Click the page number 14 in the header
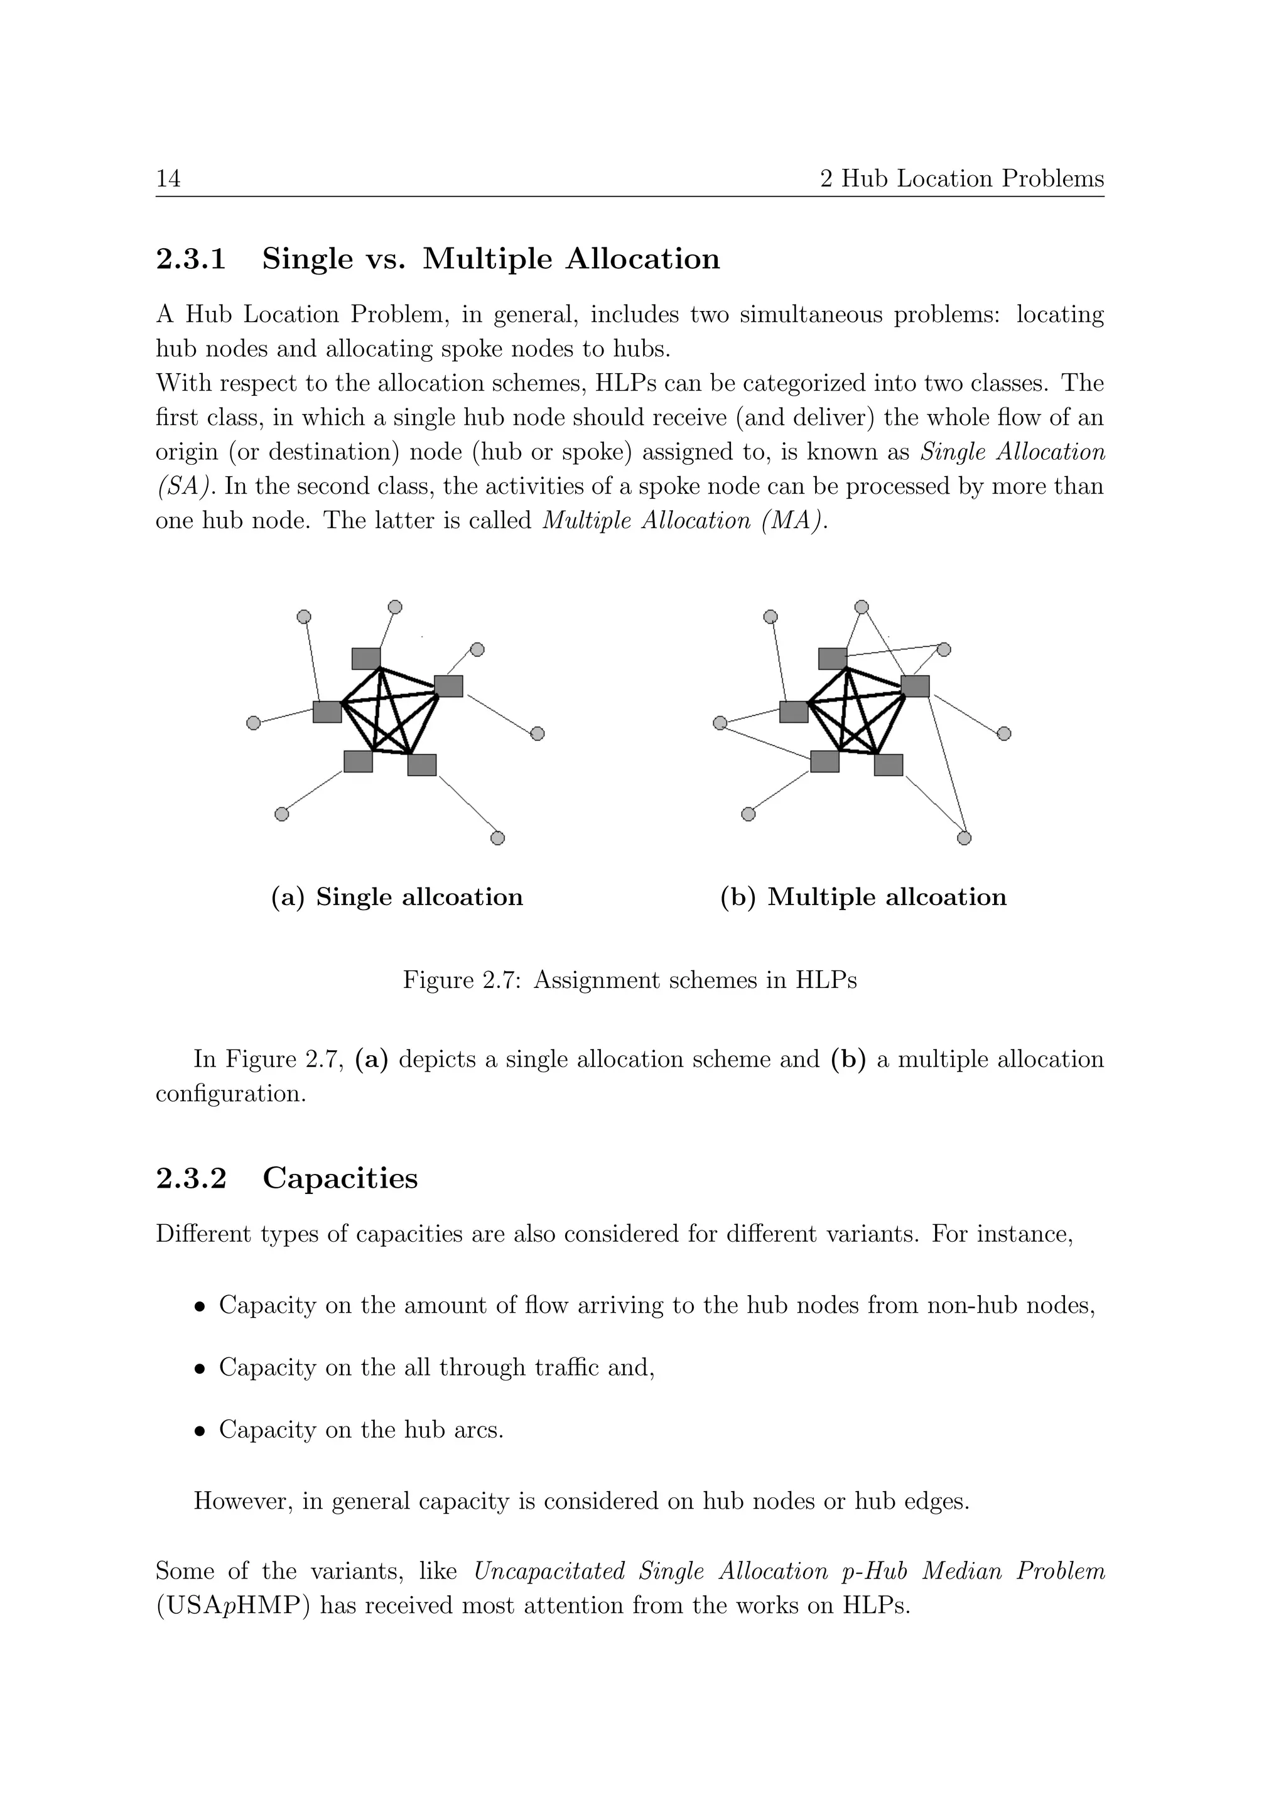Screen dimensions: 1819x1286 (x=168, y=179)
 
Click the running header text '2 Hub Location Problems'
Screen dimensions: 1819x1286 (x=961, y=179)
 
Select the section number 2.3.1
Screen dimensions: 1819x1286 (x=191, y=259)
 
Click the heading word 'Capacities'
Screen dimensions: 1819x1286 (x=340, y=1178)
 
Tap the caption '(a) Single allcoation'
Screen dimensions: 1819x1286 (x=397, y=897)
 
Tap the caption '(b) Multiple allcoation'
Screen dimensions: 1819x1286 (x=863, y=897)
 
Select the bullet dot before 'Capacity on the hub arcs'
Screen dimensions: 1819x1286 (x=201, y=1431)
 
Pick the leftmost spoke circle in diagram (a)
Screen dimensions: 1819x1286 (x=254, y=722)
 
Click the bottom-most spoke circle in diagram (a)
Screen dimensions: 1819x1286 (x=497, y=837)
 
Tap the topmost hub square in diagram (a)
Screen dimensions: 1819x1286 (x=366, y=658)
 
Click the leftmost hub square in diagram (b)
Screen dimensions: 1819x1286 (x=794, y=712)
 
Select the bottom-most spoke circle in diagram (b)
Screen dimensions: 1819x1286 (x=964, y=837)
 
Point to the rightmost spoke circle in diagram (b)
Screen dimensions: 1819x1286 (x=1003, y=734)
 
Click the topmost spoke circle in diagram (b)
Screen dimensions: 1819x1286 (x=862, y=607)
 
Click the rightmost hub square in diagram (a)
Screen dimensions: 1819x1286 (x=448, y=686)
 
